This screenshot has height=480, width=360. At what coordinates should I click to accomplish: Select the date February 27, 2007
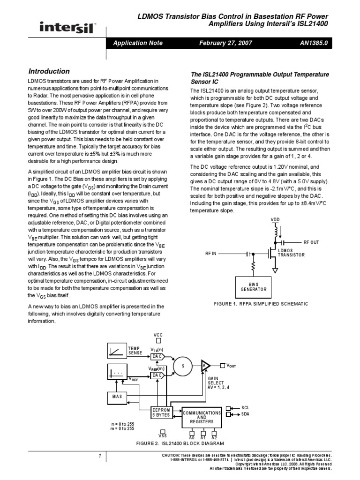[225, 43]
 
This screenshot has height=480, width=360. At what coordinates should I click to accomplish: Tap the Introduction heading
[49, 71]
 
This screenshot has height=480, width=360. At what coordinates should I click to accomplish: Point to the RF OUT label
[311, 242]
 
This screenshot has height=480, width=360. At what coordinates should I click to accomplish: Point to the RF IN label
[211, 253]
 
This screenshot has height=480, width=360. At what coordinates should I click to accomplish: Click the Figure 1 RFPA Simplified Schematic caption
[261, 304]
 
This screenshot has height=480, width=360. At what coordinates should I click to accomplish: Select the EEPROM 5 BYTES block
[161, 412]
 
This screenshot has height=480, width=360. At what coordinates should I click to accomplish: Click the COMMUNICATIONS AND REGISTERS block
[201, 417]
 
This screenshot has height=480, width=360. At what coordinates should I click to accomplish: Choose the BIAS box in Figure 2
[117, 396]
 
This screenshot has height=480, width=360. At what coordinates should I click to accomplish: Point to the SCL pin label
[246, 408]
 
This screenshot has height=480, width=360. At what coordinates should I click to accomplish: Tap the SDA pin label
[246, 414]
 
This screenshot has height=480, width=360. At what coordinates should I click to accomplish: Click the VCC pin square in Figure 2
[158, 341]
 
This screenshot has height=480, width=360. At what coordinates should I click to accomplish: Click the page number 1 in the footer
[100, 457]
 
